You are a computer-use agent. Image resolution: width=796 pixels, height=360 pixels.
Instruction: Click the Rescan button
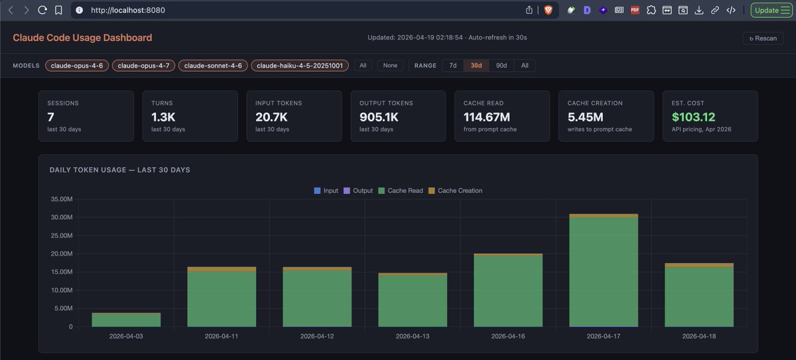tap(762, 38)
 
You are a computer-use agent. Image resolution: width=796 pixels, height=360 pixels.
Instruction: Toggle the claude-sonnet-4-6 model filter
tap(213, 66)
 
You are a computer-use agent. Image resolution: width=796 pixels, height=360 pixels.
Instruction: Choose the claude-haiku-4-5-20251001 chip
tap(299, 66)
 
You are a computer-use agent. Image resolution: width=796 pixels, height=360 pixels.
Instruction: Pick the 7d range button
tap(452, 66)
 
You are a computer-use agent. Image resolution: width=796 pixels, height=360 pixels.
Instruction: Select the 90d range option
tap(501, 66)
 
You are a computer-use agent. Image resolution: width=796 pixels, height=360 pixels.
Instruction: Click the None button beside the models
tap(390, 66)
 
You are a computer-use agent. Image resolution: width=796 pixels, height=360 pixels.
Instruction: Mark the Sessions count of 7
tap(50, 117)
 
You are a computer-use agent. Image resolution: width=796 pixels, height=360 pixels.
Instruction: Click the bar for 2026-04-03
tap(126, 320)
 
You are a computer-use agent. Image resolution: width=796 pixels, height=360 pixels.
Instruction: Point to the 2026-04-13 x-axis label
tap(412, 337)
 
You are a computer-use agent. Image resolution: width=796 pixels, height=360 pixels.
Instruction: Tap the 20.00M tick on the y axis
tap(64, 254)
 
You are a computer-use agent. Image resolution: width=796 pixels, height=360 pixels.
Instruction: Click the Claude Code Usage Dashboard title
tap(82, 38)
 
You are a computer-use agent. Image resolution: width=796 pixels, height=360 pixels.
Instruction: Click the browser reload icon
tap(42, 10)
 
